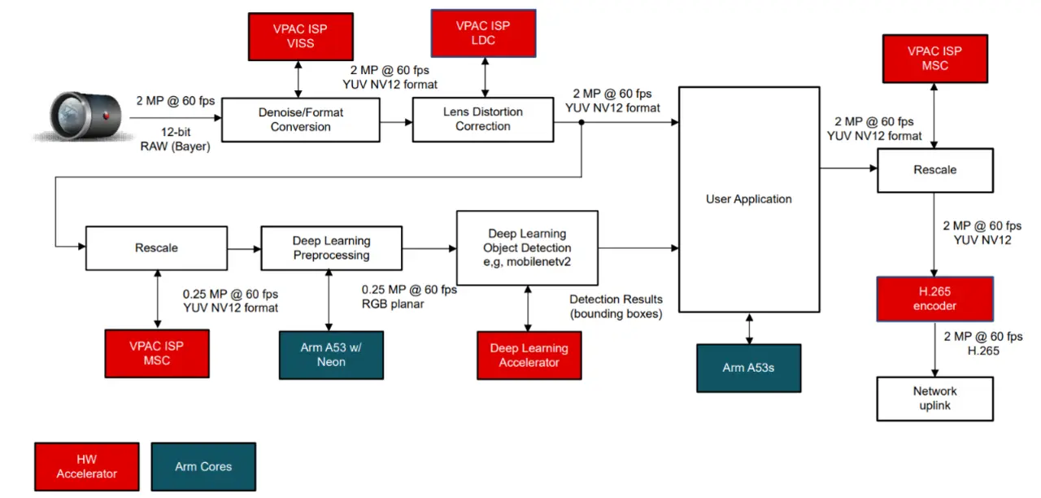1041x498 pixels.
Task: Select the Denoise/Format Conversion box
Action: click(x=300, y=120)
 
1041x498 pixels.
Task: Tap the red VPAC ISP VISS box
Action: click(x=300, y=37)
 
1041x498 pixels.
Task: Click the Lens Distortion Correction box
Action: click(x=482, y=119)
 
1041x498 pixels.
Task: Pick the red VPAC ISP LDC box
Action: click(x=483, y=33)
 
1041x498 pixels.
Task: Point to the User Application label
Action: click(x=748, y=199)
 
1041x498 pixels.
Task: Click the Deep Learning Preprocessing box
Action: click(x=331, y=248)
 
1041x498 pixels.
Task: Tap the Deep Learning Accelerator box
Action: click(x=529, y=356)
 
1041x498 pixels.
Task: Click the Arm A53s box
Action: click(x=748, y=368)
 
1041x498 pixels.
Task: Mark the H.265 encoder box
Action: click(x=934, y=299)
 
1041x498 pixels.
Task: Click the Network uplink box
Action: click(x=934, y=398)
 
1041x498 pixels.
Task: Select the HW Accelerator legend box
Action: click(x=86, y=467)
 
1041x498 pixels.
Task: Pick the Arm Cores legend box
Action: click(x=203, y=467)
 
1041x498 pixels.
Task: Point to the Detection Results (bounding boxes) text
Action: click(x=616, y=307)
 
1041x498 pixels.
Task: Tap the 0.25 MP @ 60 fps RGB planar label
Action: click(x=410, y=297)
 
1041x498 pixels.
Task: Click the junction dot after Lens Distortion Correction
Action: click(x=581, y=122)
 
